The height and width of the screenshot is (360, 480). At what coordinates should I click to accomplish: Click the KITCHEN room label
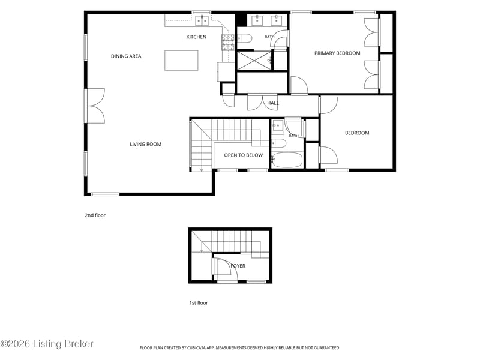(196, 37)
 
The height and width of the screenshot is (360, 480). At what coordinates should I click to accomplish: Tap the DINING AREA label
(126, 56)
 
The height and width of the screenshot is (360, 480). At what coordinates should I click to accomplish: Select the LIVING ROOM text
(145, 144)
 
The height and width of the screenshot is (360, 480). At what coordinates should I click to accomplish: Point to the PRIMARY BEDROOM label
(337, 53)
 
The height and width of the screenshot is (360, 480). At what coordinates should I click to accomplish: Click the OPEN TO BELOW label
(244, 155)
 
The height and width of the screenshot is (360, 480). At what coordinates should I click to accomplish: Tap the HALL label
(273, 103)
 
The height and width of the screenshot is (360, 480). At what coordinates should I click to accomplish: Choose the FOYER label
(238, 266)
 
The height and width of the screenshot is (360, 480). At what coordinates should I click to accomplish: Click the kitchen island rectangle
(181, 61)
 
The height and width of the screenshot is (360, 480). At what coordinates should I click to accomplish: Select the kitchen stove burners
(228, 42)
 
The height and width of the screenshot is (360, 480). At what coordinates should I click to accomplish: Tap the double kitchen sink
(202, 20)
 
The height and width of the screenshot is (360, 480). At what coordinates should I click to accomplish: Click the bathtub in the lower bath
(287, 160)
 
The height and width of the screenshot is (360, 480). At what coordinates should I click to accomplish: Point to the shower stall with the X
(254, 61)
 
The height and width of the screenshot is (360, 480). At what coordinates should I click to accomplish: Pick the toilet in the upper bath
(245, 38)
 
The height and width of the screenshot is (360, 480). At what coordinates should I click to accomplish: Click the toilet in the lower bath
(279, 143)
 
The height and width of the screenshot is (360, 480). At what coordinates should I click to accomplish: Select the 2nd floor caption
(95, 215)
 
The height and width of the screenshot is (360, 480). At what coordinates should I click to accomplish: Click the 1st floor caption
(199, 303)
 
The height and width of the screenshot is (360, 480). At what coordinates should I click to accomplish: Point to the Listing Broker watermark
(47, 344)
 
